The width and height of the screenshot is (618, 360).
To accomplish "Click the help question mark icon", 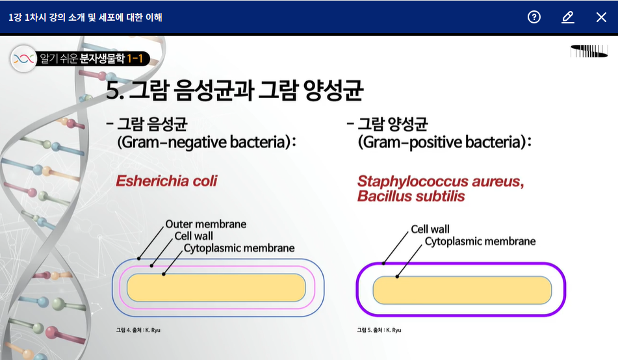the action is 534,17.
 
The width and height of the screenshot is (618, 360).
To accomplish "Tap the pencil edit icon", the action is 567,18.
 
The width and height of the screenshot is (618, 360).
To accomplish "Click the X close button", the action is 601,18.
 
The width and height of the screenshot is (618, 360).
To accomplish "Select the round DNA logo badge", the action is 23,58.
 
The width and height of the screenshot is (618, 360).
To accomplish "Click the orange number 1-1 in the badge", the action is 135,58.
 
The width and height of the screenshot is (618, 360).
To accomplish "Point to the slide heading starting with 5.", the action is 235,90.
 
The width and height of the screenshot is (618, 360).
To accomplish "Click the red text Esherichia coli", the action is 166,181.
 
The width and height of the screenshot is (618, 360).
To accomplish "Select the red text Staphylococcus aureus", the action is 441,181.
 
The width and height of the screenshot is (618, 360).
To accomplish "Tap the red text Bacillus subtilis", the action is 411,196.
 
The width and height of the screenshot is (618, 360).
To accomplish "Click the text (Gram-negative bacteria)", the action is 207,142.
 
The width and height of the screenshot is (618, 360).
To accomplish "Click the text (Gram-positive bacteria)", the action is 444,142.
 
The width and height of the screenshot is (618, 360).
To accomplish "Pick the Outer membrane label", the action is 206,224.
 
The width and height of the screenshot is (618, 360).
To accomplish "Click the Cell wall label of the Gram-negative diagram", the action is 194,236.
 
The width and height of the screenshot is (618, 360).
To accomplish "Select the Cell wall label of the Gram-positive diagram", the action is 430,229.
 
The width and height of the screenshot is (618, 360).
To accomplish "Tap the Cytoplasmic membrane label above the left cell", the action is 239,248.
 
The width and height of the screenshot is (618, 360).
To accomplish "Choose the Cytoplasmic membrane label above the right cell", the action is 480,241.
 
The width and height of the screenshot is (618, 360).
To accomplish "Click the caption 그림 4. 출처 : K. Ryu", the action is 138,330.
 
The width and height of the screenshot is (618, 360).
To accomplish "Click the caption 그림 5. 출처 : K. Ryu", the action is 379,330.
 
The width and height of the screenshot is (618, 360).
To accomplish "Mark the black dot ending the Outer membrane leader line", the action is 138,259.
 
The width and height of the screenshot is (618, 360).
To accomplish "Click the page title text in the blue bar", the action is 85,18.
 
